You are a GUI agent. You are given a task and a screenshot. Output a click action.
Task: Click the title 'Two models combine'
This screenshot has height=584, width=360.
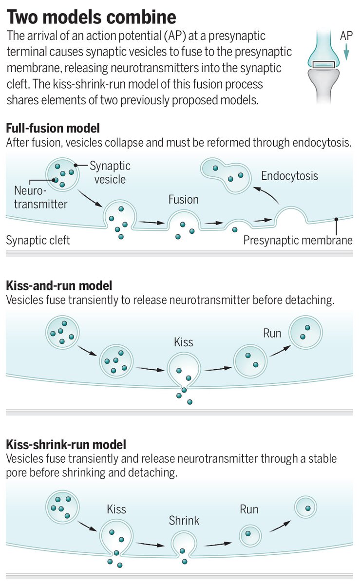click(x=91, y=17)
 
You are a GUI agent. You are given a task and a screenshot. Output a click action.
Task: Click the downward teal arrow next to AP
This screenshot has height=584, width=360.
click(x=345, y=53)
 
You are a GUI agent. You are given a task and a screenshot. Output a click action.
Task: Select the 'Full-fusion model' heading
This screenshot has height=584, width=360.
click(x=53, y=129)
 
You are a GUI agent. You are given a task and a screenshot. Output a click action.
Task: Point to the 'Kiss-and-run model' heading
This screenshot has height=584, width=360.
click(x=59, y=285)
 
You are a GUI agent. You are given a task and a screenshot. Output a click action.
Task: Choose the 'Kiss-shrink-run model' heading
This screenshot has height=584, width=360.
click(x=66, y=445)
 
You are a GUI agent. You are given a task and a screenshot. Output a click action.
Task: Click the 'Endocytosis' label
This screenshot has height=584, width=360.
click(x=289, y=176)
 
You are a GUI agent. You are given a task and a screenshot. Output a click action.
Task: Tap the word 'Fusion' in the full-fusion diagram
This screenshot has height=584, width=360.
click(x=184, y=200)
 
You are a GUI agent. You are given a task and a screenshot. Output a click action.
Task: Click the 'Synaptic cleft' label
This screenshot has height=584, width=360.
click(x=38, y=240)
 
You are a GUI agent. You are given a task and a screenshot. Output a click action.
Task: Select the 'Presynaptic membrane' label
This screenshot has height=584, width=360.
click(x=298, y=240)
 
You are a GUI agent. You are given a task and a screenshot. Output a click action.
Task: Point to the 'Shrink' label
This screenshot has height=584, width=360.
click(x=184, y=521)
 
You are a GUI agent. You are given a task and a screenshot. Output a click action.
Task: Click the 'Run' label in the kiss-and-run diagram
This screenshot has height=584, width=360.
click(x=272, y=334)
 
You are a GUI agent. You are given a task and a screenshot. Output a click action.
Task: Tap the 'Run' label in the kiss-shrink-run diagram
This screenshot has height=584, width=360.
click(x=249, y=510)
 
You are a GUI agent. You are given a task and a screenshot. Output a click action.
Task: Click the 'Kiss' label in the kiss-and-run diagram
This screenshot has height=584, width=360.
click(x=184, y=342)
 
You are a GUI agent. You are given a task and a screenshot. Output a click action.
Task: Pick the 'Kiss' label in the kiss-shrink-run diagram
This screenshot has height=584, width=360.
click(x=116, y=510)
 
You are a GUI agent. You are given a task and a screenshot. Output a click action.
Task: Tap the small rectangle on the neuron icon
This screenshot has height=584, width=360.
click(x=323, y=64)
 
